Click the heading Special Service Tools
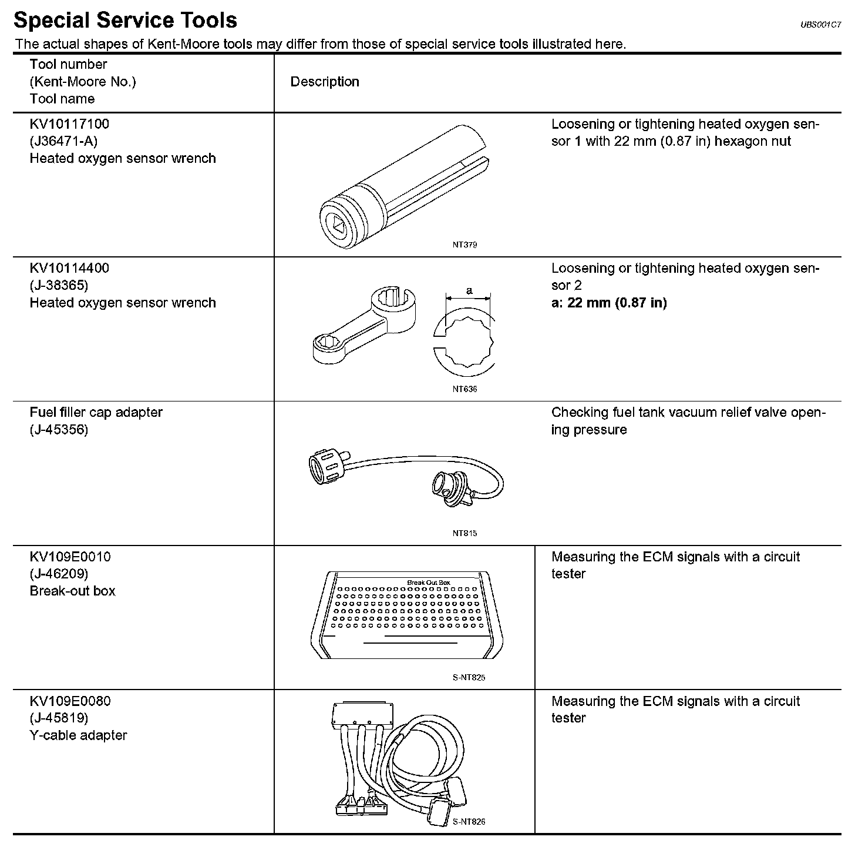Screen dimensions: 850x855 coord(125,21)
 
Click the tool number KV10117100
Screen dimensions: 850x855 coord(69,124)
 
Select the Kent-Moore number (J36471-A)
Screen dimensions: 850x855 coord(63,141)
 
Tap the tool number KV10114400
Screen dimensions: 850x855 coord(69,268)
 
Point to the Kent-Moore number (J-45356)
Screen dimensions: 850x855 coord(59,430)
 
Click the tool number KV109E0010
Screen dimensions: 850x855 coord(70,557)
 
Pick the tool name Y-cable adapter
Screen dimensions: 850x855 coord(78,735)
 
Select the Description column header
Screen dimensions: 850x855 coord(325,82)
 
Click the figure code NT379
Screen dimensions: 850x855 coord(464,245)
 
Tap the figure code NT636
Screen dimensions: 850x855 coord(464,389)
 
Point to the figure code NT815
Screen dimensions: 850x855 coord(464,533)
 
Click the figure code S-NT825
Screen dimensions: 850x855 coord(469,678)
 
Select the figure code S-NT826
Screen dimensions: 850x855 coord(469,822)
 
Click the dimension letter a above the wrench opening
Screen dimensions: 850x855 coord(469,290)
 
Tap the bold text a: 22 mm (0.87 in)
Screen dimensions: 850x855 coord(609,303)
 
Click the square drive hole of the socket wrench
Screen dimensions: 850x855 coord(339,226)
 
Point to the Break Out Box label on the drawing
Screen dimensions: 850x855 coord(428,583)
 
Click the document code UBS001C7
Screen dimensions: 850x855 coord(820,25)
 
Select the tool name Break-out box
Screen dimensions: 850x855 coord(72,591)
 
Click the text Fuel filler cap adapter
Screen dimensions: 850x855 coord(96,413)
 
